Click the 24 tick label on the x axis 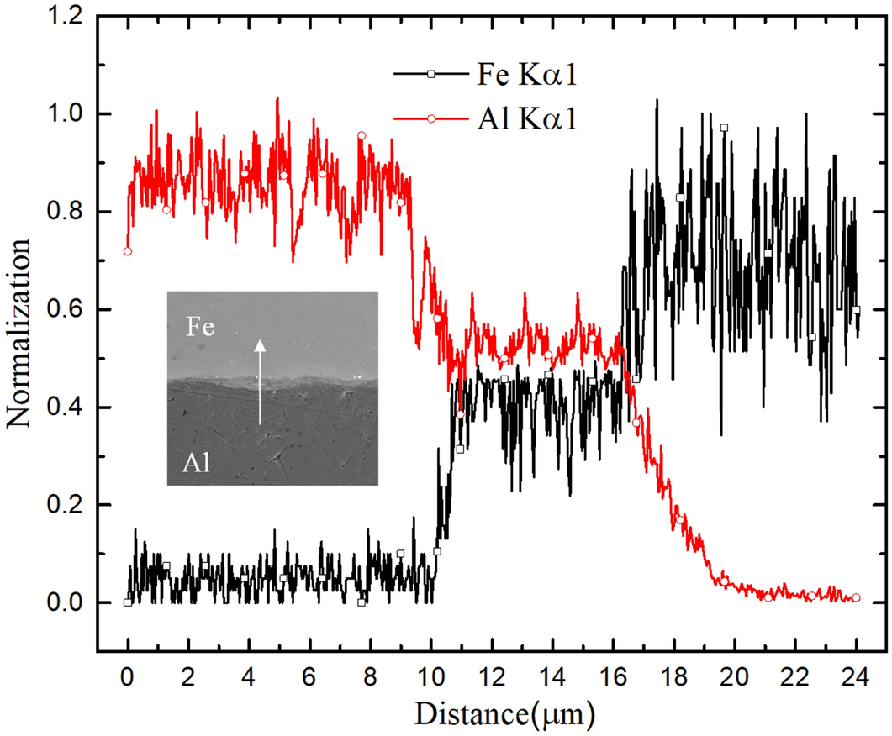(857, 676)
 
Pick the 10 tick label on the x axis (430, 676)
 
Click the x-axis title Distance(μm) (505, 714)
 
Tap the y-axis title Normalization (21, 333)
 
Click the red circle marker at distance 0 (128, 251)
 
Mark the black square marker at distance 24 (856, 310)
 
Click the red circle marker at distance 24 (856, 598)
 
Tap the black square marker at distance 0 (128, 602)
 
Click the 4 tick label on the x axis (249, 676)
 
